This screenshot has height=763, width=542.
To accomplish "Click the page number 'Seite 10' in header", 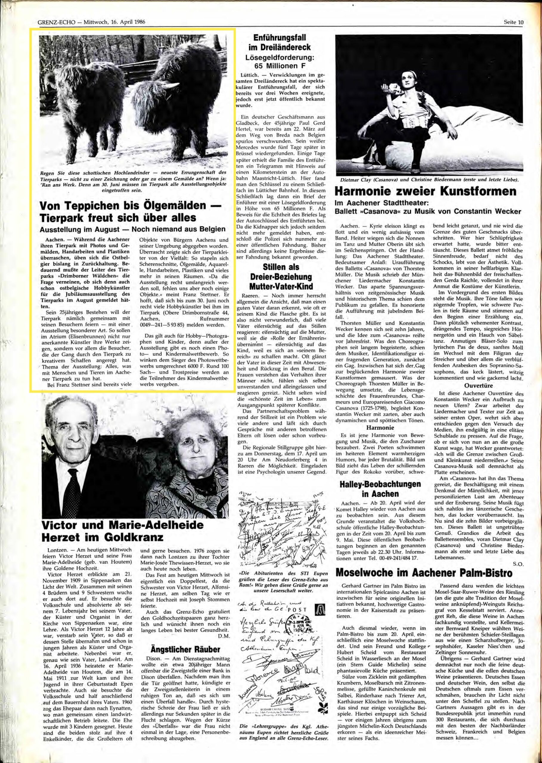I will click(x=514, y=23).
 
